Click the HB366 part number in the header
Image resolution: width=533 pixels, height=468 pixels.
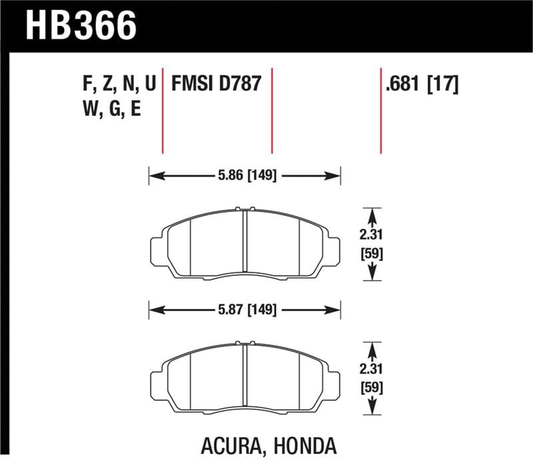click(x=81, y=26)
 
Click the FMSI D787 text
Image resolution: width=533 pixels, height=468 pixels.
click(x=216, y=85)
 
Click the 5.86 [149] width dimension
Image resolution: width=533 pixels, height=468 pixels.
click(x=245, y=176)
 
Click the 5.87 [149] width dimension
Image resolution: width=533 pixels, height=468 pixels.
click(x=245, y=309)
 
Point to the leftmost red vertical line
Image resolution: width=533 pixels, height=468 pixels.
click(x=163, y=110)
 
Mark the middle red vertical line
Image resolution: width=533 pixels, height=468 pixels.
click(x=271, y=110)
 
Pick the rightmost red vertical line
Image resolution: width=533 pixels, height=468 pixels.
click(x=380, y=110)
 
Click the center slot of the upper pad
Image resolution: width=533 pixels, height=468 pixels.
click(x=245, y=243)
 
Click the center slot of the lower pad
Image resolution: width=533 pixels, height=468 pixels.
click(x=245, y=376)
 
